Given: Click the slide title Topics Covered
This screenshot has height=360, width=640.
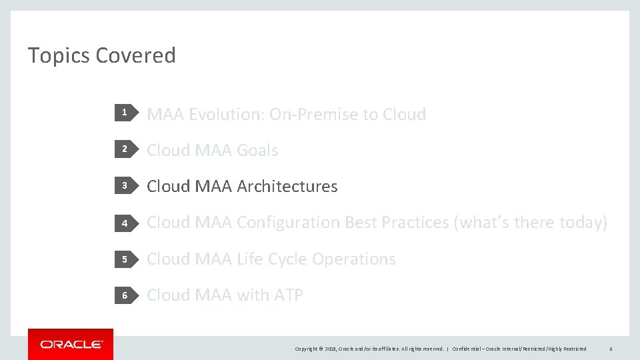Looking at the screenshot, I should (x=101, y=55).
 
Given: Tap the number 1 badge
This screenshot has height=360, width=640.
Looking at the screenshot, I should (x=124, y=114).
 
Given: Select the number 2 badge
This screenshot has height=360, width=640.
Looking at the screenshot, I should (x=124, y=150).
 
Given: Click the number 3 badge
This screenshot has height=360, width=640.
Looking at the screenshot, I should (x=124, y=186).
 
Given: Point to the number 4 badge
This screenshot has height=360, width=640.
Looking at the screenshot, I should (x=124, y=223).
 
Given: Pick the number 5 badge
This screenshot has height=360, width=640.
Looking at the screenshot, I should (x=124, y=259).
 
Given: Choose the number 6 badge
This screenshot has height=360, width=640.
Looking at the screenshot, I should (x=124, y=295).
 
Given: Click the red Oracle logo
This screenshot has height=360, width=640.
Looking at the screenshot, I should (x=71, y=344).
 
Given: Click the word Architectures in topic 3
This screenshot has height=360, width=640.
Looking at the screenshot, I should (x=287, y=187).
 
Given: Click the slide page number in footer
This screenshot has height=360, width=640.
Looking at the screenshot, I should (x=610, y=349).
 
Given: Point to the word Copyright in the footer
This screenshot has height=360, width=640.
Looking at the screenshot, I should (x=307, y=349).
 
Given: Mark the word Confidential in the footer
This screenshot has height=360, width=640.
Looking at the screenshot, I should (x=467, y=349).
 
